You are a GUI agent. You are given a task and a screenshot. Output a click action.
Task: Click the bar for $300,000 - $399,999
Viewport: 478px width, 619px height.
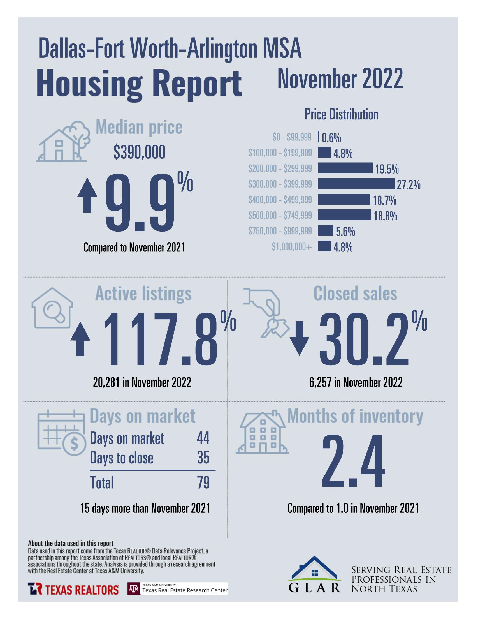pos(356,184)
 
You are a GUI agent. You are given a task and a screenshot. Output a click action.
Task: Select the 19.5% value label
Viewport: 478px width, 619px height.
pos(387,170)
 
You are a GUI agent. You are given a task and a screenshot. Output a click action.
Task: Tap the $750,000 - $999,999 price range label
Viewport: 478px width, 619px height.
pos(280,231)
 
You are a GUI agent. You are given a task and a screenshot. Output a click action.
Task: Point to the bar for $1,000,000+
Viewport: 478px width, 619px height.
pos(324,246)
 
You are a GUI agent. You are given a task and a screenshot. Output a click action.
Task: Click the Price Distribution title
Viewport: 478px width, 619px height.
pos(341,114)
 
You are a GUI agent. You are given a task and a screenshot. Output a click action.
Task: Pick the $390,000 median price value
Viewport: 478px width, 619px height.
pos(139,153)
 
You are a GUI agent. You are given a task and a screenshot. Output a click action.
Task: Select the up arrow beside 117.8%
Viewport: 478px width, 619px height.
pos(80,339)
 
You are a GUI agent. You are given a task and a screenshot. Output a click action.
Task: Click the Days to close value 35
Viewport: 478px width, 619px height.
pos(203,458)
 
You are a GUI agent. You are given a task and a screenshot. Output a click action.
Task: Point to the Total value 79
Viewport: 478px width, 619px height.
pos(203,482)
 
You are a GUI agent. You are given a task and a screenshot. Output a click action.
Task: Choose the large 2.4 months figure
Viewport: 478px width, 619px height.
pos(353,461)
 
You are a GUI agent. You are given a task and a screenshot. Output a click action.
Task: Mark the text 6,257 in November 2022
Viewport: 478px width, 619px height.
pos(356,382)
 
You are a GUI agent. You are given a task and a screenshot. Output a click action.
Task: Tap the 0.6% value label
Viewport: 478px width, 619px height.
pos(331,138)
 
